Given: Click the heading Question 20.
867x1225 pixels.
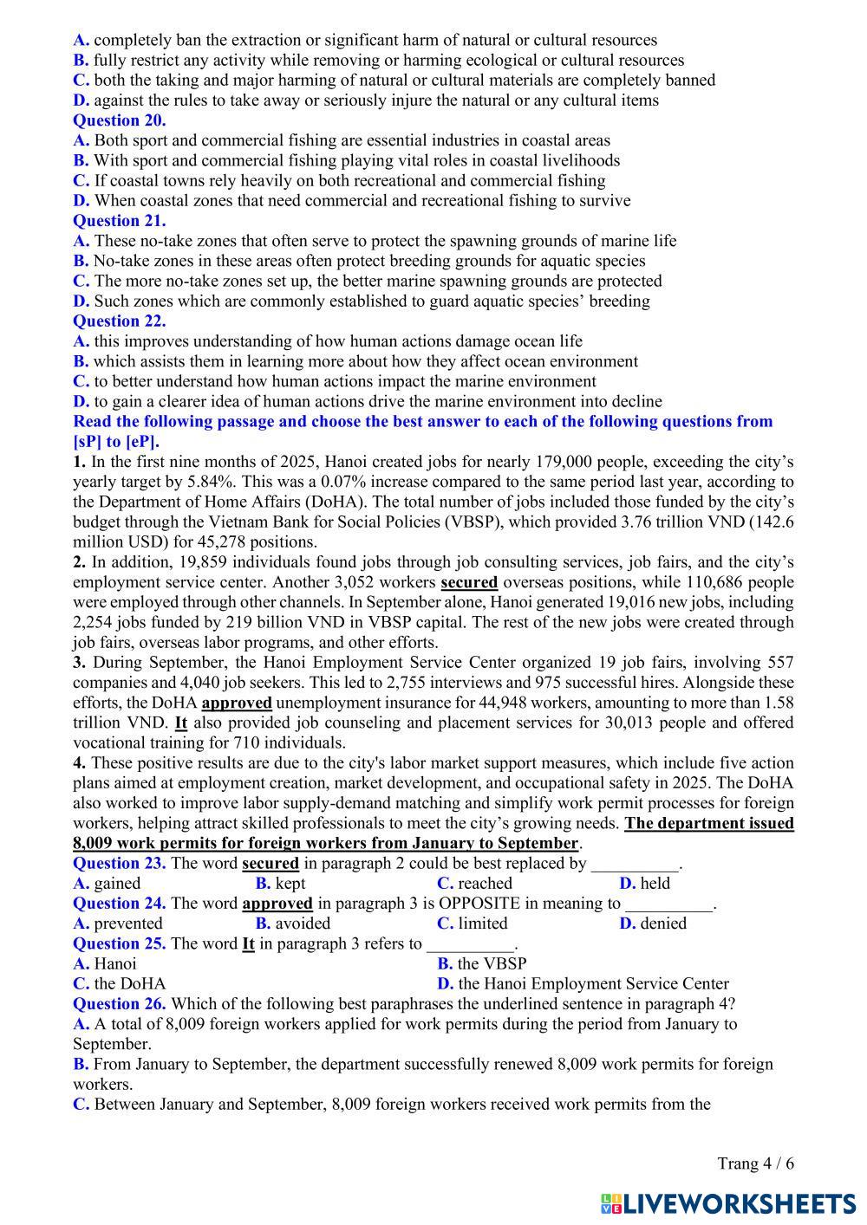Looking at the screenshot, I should click(x=119, y=120).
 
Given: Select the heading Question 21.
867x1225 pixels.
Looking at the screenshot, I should click(x=119, y=221).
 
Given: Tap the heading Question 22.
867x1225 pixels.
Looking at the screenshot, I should click(x=119, y=321).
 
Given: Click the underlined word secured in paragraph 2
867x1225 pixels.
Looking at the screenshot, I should click(x=469, y=582).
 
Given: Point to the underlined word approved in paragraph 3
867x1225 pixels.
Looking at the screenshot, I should click(x=237, y=703).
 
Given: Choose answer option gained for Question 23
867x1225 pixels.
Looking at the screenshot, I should click(x=116, y=884).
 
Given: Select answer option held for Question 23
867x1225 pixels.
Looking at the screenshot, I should click(x=655, y=884).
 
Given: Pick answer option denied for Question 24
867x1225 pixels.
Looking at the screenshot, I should click(x=663, y=924).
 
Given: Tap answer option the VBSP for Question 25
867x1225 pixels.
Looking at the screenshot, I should click(x=492, y=963).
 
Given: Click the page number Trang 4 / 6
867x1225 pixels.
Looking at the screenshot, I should click(x=755, y=1163).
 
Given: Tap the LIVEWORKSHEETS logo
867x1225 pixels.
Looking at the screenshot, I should click(x=728, y=1203).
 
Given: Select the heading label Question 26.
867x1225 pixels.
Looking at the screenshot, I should click(x=120, y=1004).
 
